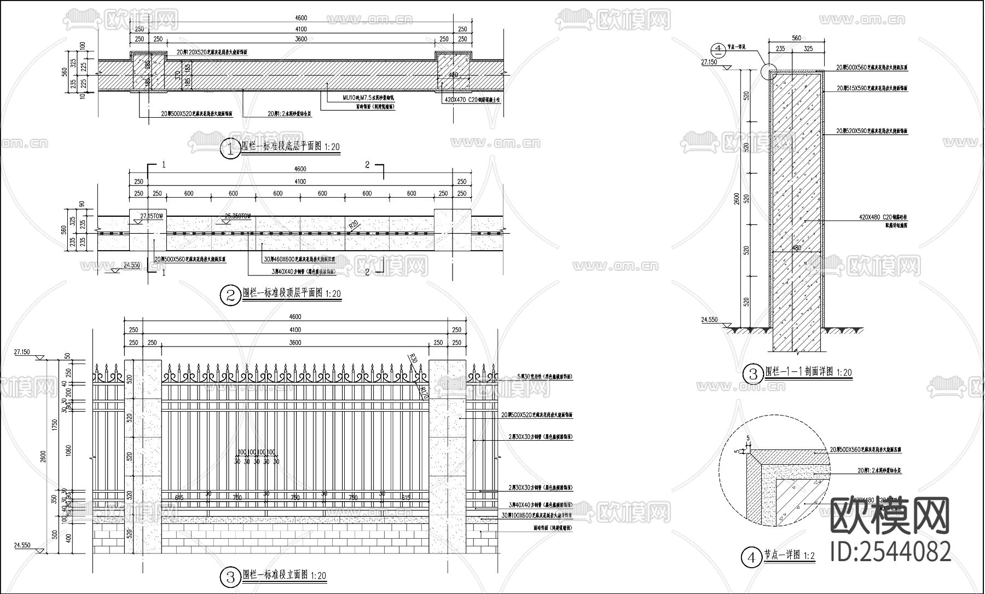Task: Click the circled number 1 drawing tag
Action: [230, 149]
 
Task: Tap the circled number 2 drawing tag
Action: [230, 296]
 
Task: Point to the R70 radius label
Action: [423, 392]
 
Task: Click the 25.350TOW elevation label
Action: [237, 216]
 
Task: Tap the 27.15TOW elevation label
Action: [152, 216]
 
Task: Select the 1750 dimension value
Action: [53, 425]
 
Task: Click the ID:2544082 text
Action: [890, 552]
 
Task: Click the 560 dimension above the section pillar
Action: [796, 38]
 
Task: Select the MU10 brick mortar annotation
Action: [368, 97]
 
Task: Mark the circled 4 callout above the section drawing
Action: [717, 49]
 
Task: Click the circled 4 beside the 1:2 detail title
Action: [751, 558]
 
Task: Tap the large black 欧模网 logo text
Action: [890, 516]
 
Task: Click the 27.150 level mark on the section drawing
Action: [709, 62]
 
